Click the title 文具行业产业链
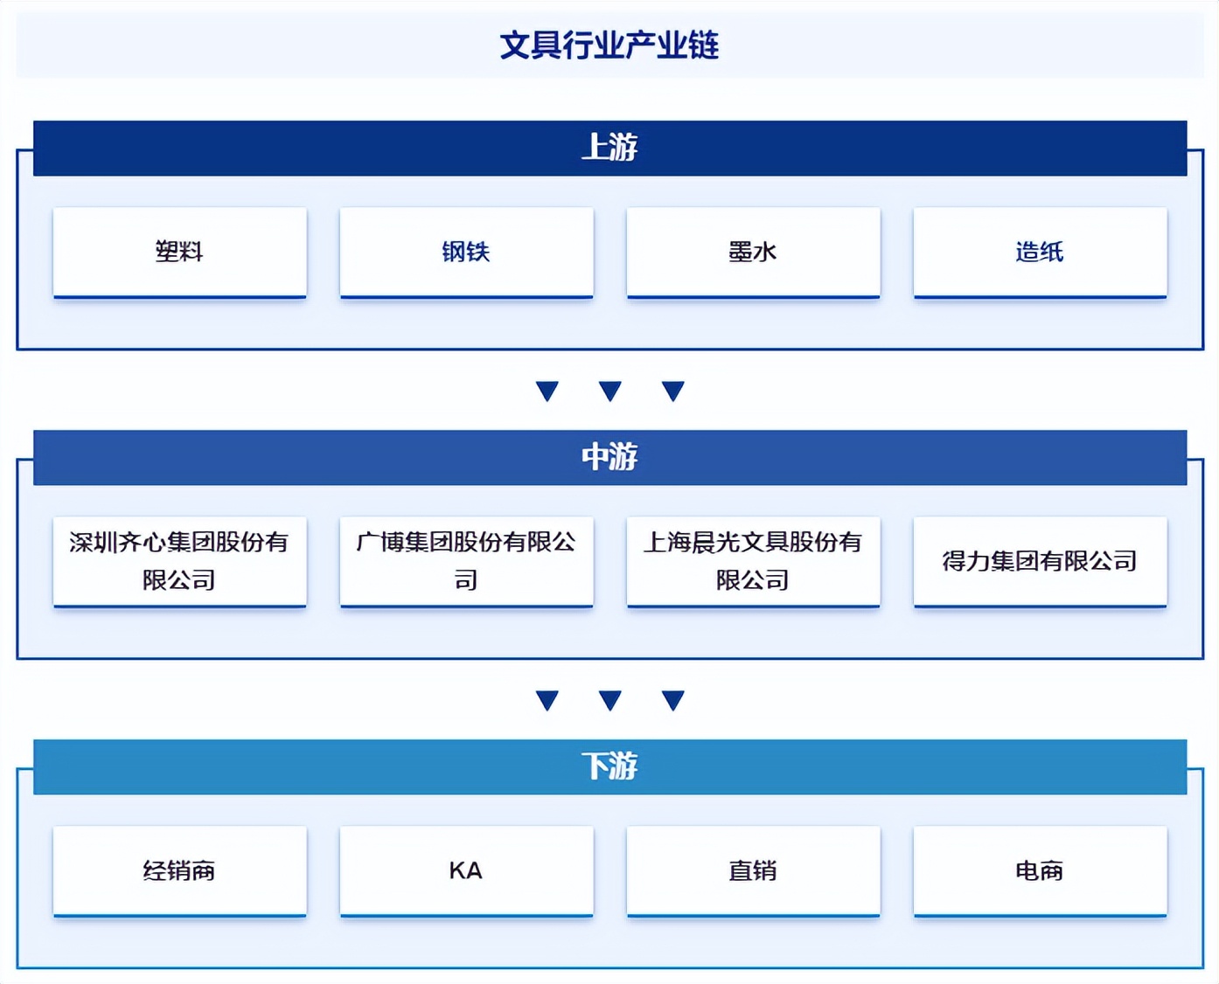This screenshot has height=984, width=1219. (x=609, y=45)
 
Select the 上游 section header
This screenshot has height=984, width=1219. (x=610, y=148)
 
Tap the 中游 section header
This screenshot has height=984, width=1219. (x=610, y=457)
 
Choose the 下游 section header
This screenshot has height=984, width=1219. (x=610, y=766)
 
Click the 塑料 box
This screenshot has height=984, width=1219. (x=180, y=253)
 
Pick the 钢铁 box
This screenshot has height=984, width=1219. (x=466, y=253)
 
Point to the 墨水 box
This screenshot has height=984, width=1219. (x=753, y=253)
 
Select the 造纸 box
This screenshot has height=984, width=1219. (x=1040, y=253)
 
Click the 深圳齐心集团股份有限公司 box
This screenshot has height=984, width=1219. (x=180, y=561)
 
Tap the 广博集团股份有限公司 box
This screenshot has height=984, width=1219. (x=466, y=561)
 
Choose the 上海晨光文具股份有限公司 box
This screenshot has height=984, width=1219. (x=753, y=561)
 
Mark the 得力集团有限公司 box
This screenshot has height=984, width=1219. (x=1040, y=561)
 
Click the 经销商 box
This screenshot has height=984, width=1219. (x=180, y=870)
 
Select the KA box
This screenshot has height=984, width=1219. (x=466, y=870)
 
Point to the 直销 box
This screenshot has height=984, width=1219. (x=753, y=870)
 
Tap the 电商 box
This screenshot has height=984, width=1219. (x=1040, y=870)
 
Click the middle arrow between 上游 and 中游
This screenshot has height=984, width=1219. (x=610, y=391)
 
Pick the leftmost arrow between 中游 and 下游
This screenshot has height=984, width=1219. (x=547, y=700)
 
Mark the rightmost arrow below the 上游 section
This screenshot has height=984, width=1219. (x=673, y=391)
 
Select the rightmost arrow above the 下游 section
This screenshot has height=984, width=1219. (x=673, y=700)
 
